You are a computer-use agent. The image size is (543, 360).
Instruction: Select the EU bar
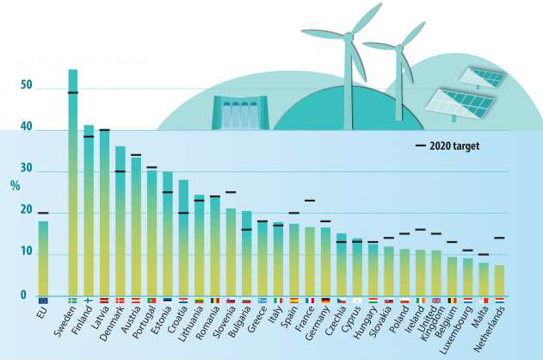click(43, 258)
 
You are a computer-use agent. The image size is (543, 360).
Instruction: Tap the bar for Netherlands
click(499, 281)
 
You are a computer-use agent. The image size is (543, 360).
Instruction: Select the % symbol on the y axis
click(15, 185)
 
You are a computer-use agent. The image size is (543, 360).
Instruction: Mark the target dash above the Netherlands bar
click(499, 238)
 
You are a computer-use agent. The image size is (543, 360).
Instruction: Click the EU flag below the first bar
click(43, 300)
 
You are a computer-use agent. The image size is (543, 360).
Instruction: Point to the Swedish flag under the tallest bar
click(73, 300)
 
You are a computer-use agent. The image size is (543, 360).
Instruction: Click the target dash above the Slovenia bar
click(231, 192)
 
